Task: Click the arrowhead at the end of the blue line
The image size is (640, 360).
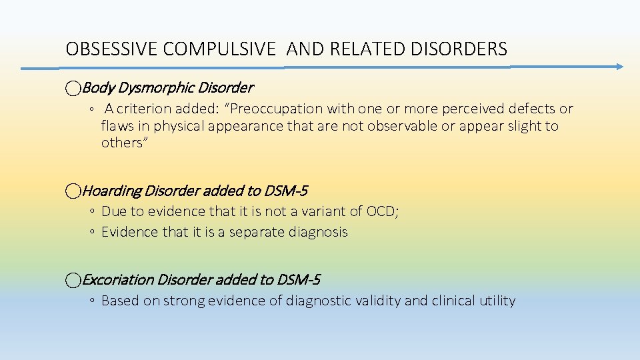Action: [619, 67]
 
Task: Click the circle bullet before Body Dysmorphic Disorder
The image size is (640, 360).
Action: [73, 87]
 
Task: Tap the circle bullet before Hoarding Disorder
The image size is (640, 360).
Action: [73, 191]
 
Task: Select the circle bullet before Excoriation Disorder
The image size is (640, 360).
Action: [73, 280]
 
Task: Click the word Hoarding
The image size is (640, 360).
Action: [111, 191]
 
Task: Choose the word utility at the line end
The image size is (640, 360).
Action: [497, 301]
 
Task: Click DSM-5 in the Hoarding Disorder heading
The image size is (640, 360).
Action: [285, 191]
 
